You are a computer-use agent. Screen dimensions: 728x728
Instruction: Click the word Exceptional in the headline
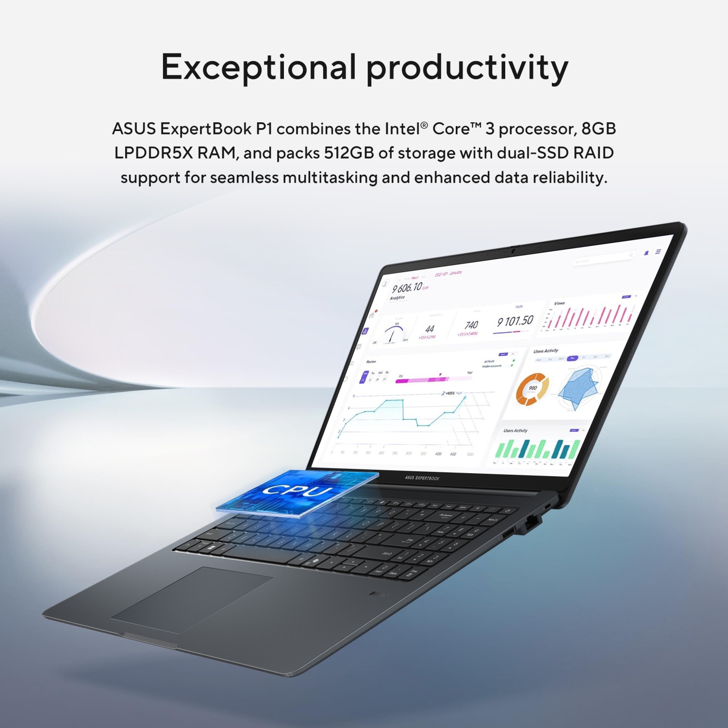[258, 67]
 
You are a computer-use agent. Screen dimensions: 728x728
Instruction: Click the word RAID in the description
[594, 153]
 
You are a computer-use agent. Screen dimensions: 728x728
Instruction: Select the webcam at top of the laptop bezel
[513, 251]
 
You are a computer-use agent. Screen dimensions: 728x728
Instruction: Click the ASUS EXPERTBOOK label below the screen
[422, 478]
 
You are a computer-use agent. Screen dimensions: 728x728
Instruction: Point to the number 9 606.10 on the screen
[408, 288]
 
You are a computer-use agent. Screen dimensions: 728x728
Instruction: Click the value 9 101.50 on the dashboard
[515, 321]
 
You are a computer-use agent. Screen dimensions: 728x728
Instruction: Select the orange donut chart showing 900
[532, 389]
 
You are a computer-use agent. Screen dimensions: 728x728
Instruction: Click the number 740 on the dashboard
[471, 325]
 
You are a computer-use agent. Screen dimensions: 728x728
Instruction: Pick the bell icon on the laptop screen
[646, 253]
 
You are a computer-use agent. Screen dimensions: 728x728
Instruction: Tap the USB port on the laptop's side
[508, 533]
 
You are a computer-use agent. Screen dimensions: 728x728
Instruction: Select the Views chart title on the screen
[559, 303]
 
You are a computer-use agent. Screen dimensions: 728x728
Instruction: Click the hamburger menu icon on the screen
[658, 251]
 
